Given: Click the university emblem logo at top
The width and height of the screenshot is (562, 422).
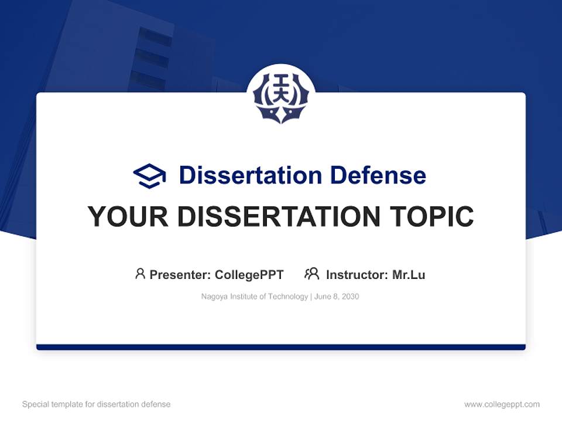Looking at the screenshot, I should (x=281, y=97).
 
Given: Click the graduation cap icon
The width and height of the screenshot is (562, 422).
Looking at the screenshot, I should (x=149, y=176).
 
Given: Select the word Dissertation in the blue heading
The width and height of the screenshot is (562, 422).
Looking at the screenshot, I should (x=250, y=175).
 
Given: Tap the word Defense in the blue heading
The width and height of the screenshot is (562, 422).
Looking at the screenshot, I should (x=378, y=175).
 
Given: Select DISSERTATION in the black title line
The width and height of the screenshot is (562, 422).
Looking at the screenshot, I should (x=280, y=217).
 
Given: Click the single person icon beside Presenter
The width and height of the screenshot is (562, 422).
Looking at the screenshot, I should (x=140, y=274).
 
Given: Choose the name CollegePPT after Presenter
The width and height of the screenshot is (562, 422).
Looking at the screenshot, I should (x=249, y=274).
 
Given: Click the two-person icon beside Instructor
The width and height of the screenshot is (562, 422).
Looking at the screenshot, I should (x=312, y=274).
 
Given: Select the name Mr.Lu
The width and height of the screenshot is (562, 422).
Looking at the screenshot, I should (x=409, y=274).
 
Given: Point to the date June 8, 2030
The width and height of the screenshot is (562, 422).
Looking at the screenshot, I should (x=337, y=297).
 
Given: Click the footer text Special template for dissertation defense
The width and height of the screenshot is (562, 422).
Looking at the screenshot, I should (x=97, y=404).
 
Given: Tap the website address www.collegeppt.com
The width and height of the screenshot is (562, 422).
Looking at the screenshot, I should (x=502, y=404).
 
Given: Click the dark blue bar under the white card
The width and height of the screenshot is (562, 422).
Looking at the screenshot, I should (x=281, y=347).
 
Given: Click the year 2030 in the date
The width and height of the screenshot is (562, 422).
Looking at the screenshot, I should (x=350, y=297).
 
